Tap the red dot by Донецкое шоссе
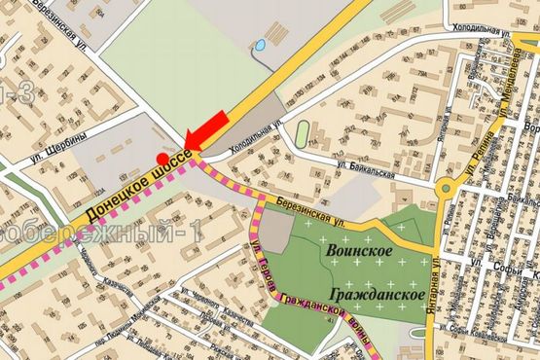[162, 156]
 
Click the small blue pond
[260, 47]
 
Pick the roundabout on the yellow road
[450, 189]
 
